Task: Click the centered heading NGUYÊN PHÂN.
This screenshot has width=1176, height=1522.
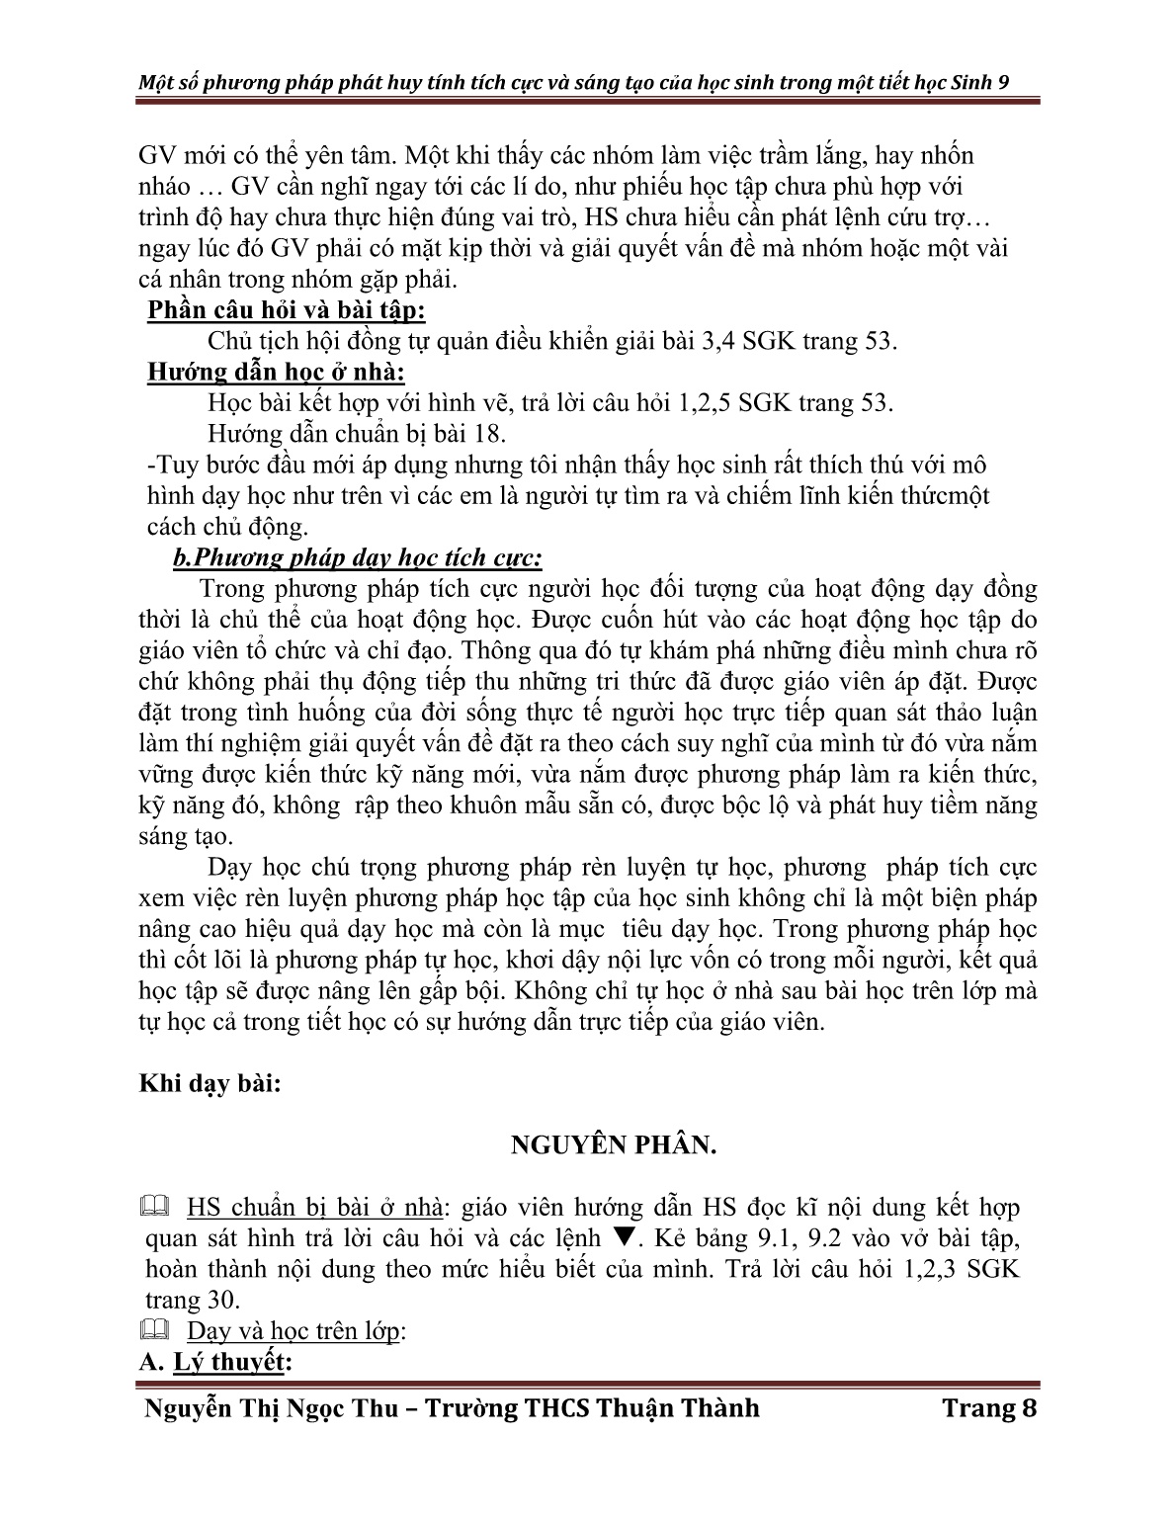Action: point(613,1145)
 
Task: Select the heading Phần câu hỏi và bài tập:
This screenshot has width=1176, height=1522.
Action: point(287,310)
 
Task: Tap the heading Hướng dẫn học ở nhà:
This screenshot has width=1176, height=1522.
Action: point(276,373)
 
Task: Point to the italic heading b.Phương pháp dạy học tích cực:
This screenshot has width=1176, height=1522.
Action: point(357,558)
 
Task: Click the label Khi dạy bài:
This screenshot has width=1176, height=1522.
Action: point(210,1083)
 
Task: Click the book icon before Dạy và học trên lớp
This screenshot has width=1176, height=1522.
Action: point(156,1331)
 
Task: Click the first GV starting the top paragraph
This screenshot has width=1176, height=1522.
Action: point(158,156)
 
